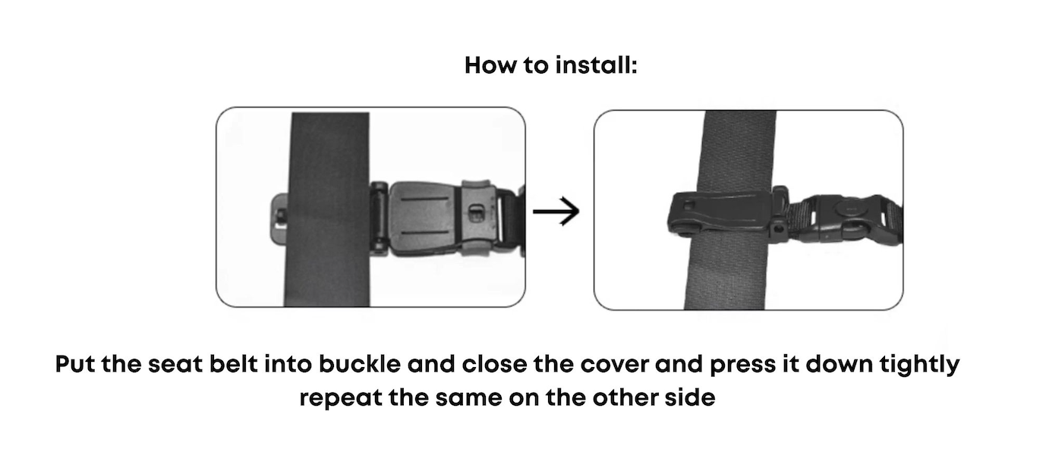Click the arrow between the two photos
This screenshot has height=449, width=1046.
556,212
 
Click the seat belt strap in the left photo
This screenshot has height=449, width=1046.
327,209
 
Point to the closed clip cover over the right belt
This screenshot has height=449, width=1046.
719,212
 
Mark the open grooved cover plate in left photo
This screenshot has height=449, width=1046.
425,218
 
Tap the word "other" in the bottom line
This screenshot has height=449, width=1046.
624,397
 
